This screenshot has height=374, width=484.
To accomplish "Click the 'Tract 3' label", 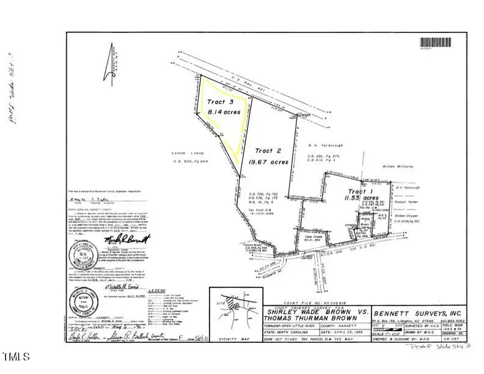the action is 220,101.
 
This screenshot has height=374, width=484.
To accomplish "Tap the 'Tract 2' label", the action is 267,150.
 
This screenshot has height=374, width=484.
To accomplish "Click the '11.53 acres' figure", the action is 360,199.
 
